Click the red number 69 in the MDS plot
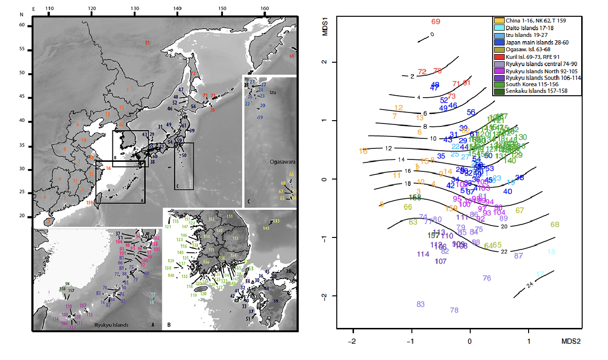(x=435, y=22)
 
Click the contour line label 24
(x=530, y=285)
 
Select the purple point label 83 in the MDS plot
(x=420, y=304)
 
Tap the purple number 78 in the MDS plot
(x=454, y=310)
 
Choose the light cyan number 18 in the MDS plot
(x=551, y=252)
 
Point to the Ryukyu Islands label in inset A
(x=111, y=325)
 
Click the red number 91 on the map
(x=147, y=43)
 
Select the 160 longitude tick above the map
(x=264, y=9)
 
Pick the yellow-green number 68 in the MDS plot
(x=555, y=225)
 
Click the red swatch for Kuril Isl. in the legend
(x=498, y=57)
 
